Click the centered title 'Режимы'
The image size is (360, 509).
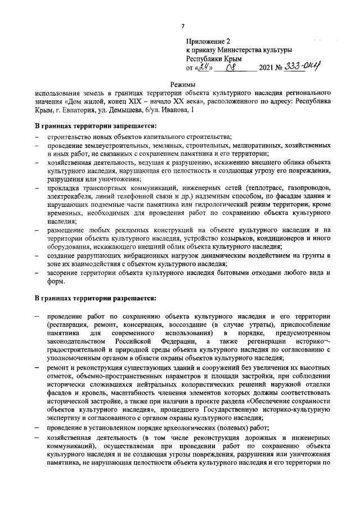tap(183, 85)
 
